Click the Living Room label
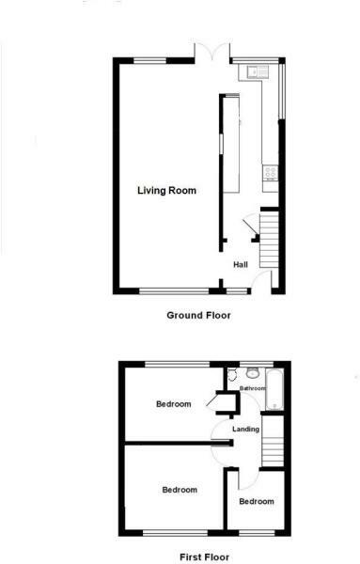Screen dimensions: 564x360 coord(166,191)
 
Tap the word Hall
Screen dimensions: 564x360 coord(240,265)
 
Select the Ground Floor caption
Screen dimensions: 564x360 coord(197,316)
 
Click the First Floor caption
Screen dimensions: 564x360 coord(197,556)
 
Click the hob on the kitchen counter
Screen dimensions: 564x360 coord(271,171)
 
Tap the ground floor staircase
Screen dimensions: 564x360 coord(270,240)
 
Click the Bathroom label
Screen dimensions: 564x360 coord(252,388)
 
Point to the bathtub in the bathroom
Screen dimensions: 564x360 coord(275,390)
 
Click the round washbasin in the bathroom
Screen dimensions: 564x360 coord(252,374)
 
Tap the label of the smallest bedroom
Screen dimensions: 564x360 coord(256,501)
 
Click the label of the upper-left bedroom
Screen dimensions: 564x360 coord(173,404)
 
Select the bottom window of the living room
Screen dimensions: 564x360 coord(169,291)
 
